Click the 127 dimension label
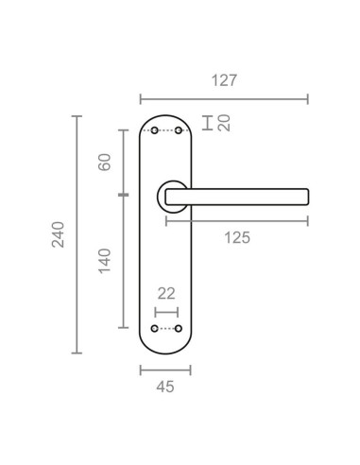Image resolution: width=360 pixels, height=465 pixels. click(x=224, y=80)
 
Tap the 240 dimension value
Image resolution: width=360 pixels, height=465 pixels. click(x=59, y=234)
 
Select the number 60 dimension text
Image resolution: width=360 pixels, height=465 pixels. click(x=105, y=162)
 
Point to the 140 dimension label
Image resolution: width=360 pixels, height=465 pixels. click(x=105, y=261)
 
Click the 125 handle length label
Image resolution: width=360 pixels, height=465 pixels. click(x=237, y=237)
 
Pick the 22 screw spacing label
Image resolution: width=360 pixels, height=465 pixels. click(x=166, y=294)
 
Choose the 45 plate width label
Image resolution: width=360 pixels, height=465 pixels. click(x=165, y=387)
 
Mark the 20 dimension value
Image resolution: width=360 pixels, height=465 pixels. click(x=224, y=123)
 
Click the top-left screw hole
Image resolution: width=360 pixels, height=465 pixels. click(x=155, y=130)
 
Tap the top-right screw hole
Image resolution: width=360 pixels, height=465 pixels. click(x=179, y=130)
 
